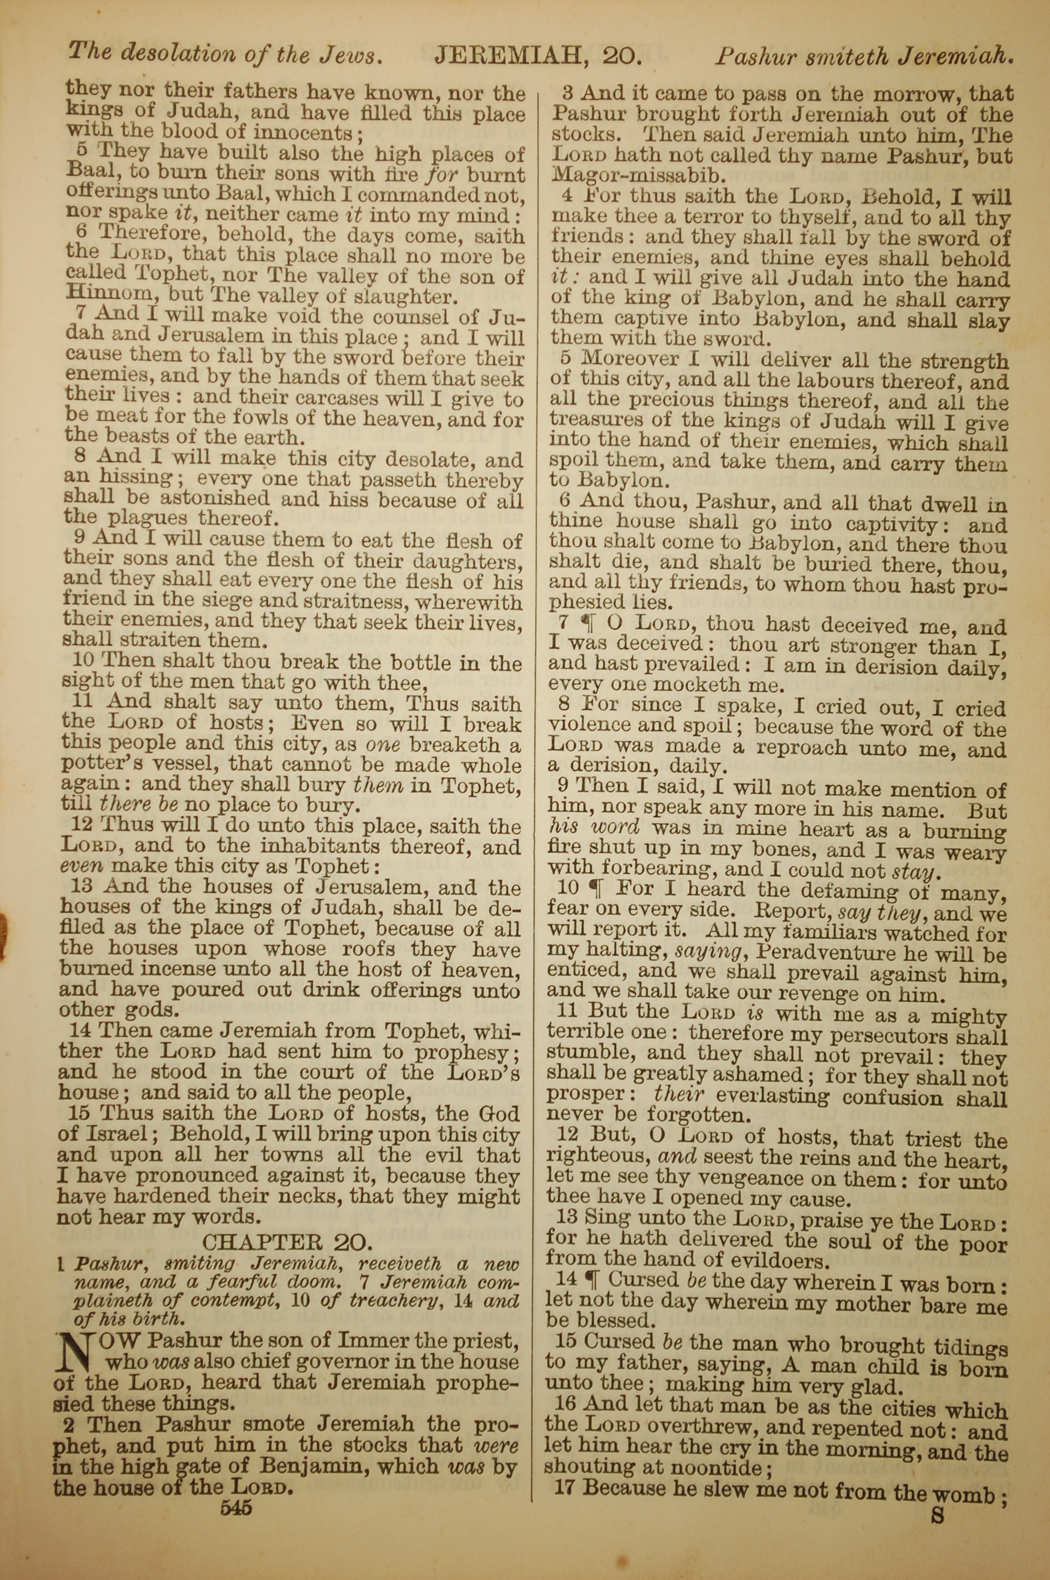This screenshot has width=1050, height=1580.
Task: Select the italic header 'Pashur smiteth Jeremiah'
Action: (863, 56)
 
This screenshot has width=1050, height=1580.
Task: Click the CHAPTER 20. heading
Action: (287, 1242)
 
